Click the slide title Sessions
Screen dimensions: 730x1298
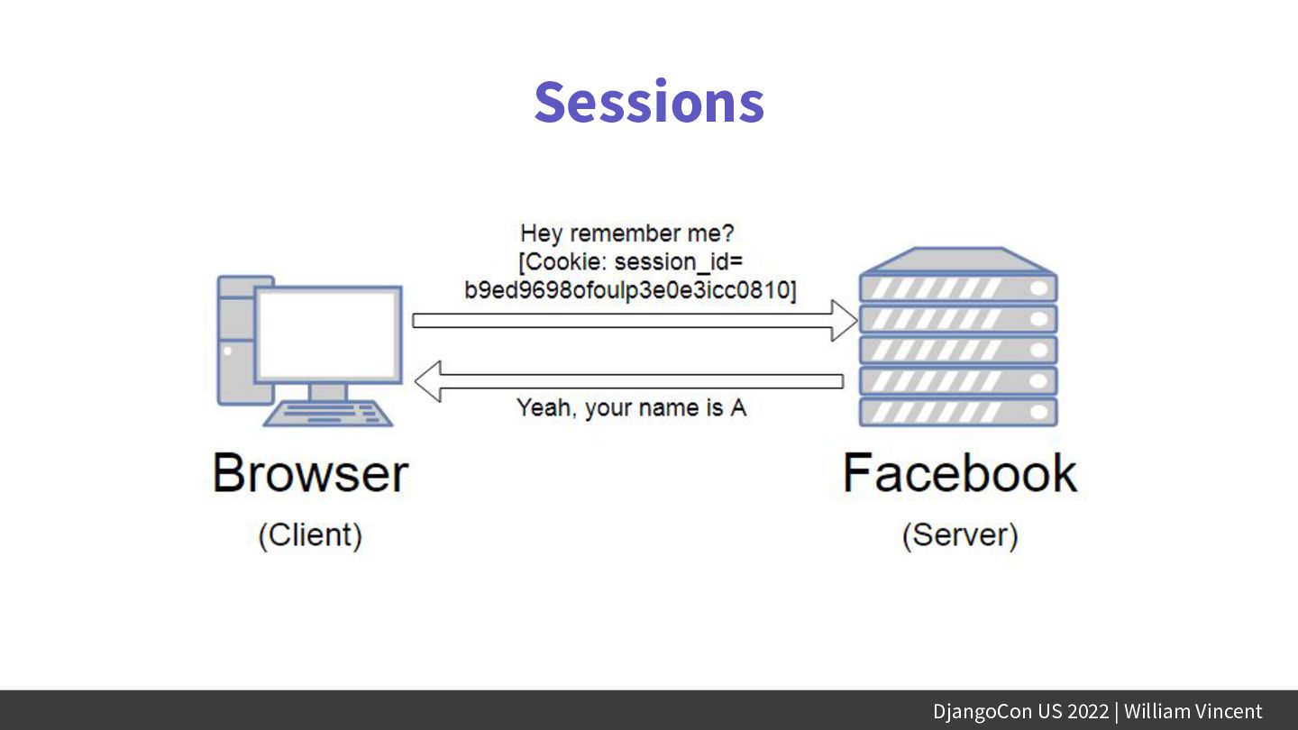click(649, 102)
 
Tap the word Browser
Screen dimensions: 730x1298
click(310, 473)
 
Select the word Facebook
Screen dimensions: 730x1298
click(960, 473)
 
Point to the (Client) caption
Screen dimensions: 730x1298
click(310, 534)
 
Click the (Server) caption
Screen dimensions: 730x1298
click(960, 534)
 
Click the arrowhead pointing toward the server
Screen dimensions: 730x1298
click(844, 320)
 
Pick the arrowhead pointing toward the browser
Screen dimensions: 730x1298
click(427, 380)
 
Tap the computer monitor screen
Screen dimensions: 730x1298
click(328, 333)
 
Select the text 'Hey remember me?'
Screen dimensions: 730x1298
click(627, 233)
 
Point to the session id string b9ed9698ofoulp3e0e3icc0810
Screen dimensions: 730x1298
click(631, 290)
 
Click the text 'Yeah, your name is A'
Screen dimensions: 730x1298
click(631, 407)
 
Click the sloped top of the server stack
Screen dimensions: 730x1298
click(957, 260)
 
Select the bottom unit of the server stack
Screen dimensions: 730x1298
click(957, 412)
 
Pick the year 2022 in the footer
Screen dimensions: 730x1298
click(1088, 711)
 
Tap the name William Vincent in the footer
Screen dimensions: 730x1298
click(1193, 711)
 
